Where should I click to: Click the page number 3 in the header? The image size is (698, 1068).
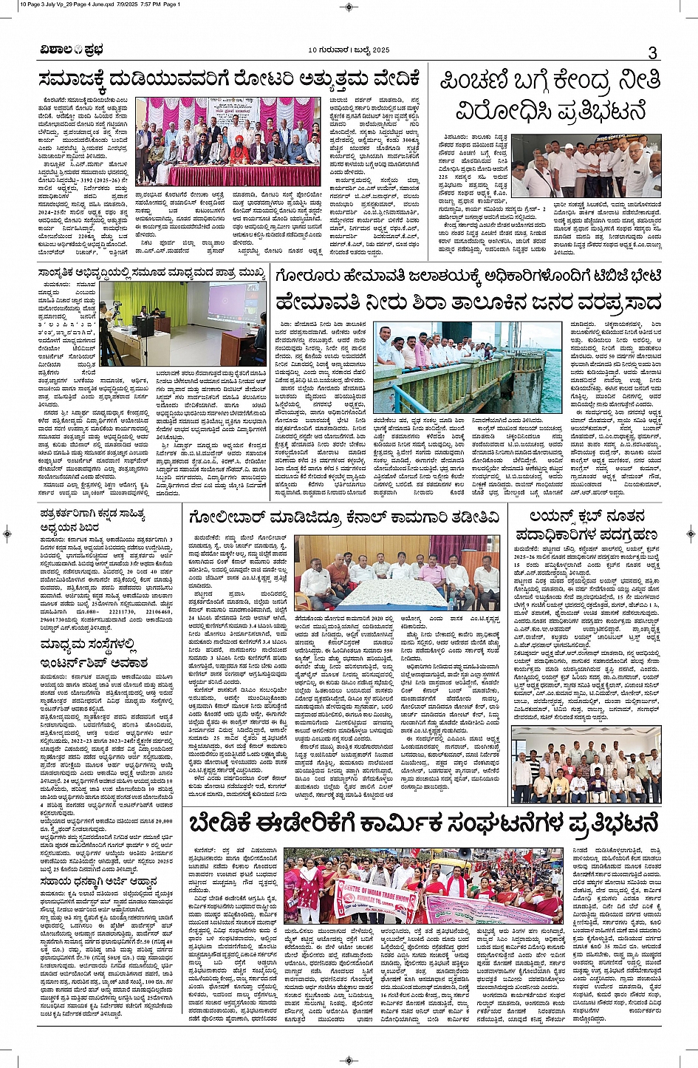tap(652, 52)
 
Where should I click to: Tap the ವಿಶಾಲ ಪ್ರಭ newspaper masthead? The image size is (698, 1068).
tap(72, 50)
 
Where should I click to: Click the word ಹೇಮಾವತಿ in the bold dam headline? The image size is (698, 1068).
tap(318, 302)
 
